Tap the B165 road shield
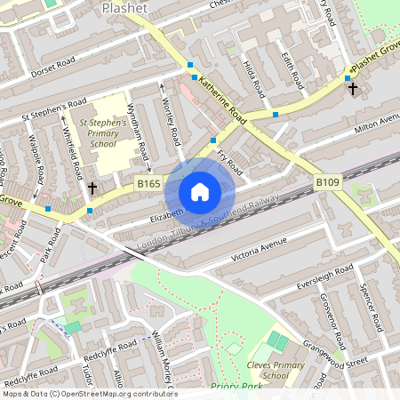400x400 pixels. click(148, 183)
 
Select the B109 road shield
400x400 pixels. click(328, 183)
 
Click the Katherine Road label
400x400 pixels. click(222, 100)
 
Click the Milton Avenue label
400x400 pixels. click(377, 121)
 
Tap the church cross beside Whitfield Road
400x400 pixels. click(92, 188)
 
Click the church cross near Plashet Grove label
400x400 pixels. click(352, 89)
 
